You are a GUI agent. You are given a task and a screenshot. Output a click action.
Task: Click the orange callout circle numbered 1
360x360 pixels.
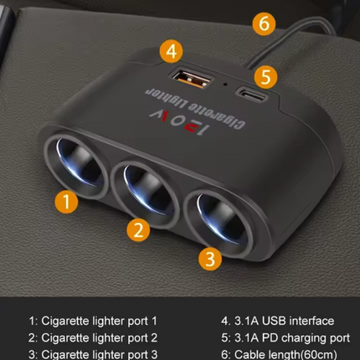click(x=66, y=202)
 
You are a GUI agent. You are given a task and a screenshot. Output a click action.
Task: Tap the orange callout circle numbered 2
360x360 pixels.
click(x=138, y=230)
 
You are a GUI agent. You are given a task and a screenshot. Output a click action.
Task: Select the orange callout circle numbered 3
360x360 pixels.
click(x=210, y=259)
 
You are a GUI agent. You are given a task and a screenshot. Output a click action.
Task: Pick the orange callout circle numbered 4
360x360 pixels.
click(x=172, y=51)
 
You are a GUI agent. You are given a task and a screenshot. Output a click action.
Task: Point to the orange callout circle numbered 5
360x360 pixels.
click(x=265, y=77)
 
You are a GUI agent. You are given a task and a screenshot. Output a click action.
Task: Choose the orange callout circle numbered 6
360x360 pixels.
click(x=264, y=23)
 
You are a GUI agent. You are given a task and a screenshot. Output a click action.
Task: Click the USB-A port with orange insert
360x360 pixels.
click(x=191, y=79)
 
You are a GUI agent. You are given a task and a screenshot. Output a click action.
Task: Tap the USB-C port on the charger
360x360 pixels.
click(x=252, y=95)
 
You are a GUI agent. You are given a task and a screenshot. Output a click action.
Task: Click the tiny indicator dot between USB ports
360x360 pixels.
click(x=225, y=84)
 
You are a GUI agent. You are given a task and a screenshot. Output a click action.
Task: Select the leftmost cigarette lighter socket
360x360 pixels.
click(x=76, y=165)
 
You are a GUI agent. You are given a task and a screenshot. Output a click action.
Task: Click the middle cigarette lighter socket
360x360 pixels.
click(x=145, y=193)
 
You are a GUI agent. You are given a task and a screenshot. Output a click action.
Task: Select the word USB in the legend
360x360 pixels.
click(x=274, y=321)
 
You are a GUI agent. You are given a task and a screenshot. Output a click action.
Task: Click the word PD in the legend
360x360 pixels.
click(x=271, y=338)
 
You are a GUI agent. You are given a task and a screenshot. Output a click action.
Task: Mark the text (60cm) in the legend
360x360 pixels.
click(x=318, y=355)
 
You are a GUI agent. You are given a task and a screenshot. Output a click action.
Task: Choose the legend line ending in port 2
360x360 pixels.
click(x=93, y=338)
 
